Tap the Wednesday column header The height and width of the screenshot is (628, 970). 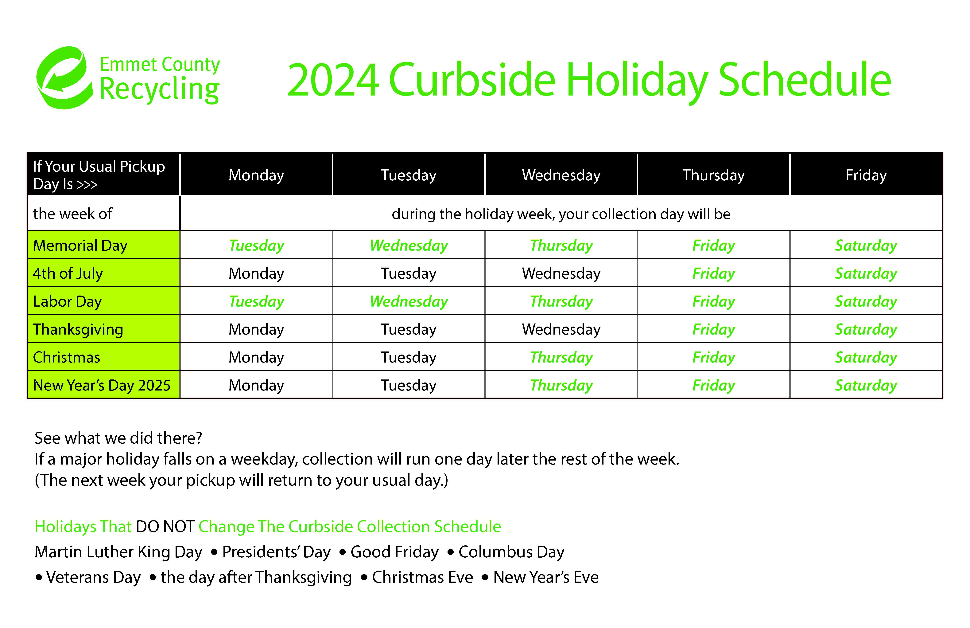pyautogui.click(x=561, y=175)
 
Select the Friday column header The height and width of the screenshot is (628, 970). pyautogui.click(x=866, y=175)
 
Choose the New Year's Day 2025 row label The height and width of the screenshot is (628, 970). pyautogui.click(x=102, y=385)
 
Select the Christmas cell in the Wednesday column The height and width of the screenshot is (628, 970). pyautogui.click(x=561, y=357)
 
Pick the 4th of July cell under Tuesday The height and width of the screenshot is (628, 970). pyautogui.click(x=409, y=273)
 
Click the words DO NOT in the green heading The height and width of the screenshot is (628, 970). pyautogui.click(x=165, y=526)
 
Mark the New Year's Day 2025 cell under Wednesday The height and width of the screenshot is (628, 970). pyautogui.click(x=561, y=385)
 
